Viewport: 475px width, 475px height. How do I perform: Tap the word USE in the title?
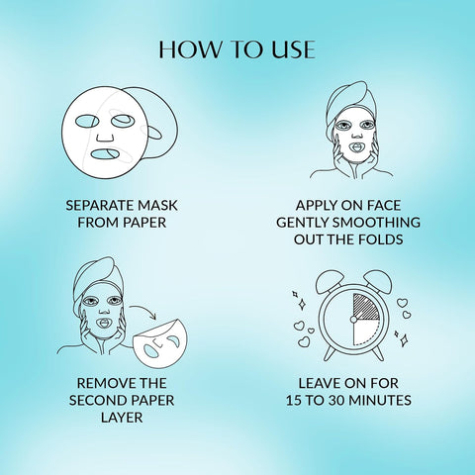tap(293, 48)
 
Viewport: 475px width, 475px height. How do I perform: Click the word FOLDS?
tap(386, 240)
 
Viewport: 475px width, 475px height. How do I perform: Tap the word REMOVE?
tap(96, 383)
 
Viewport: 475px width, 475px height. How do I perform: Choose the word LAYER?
tap(118, 419)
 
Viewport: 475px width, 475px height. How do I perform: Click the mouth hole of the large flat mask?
tap(102, 155)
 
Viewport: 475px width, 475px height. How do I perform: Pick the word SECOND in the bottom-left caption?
tap(102, 401)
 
